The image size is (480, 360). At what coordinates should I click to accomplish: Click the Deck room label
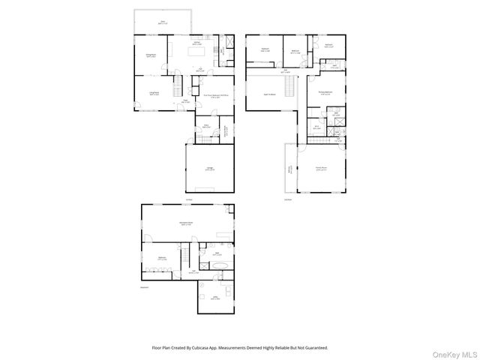click(163, 22)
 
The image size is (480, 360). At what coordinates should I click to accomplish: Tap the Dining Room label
click(150, 55)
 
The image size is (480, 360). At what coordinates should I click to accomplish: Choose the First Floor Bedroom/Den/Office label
click(216, 95)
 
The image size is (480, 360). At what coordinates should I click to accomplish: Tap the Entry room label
click(205, 126)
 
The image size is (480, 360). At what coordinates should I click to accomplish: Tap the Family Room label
click(321, 169)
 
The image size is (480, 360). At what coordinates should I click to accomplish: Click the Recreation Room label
click(187, 224)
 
